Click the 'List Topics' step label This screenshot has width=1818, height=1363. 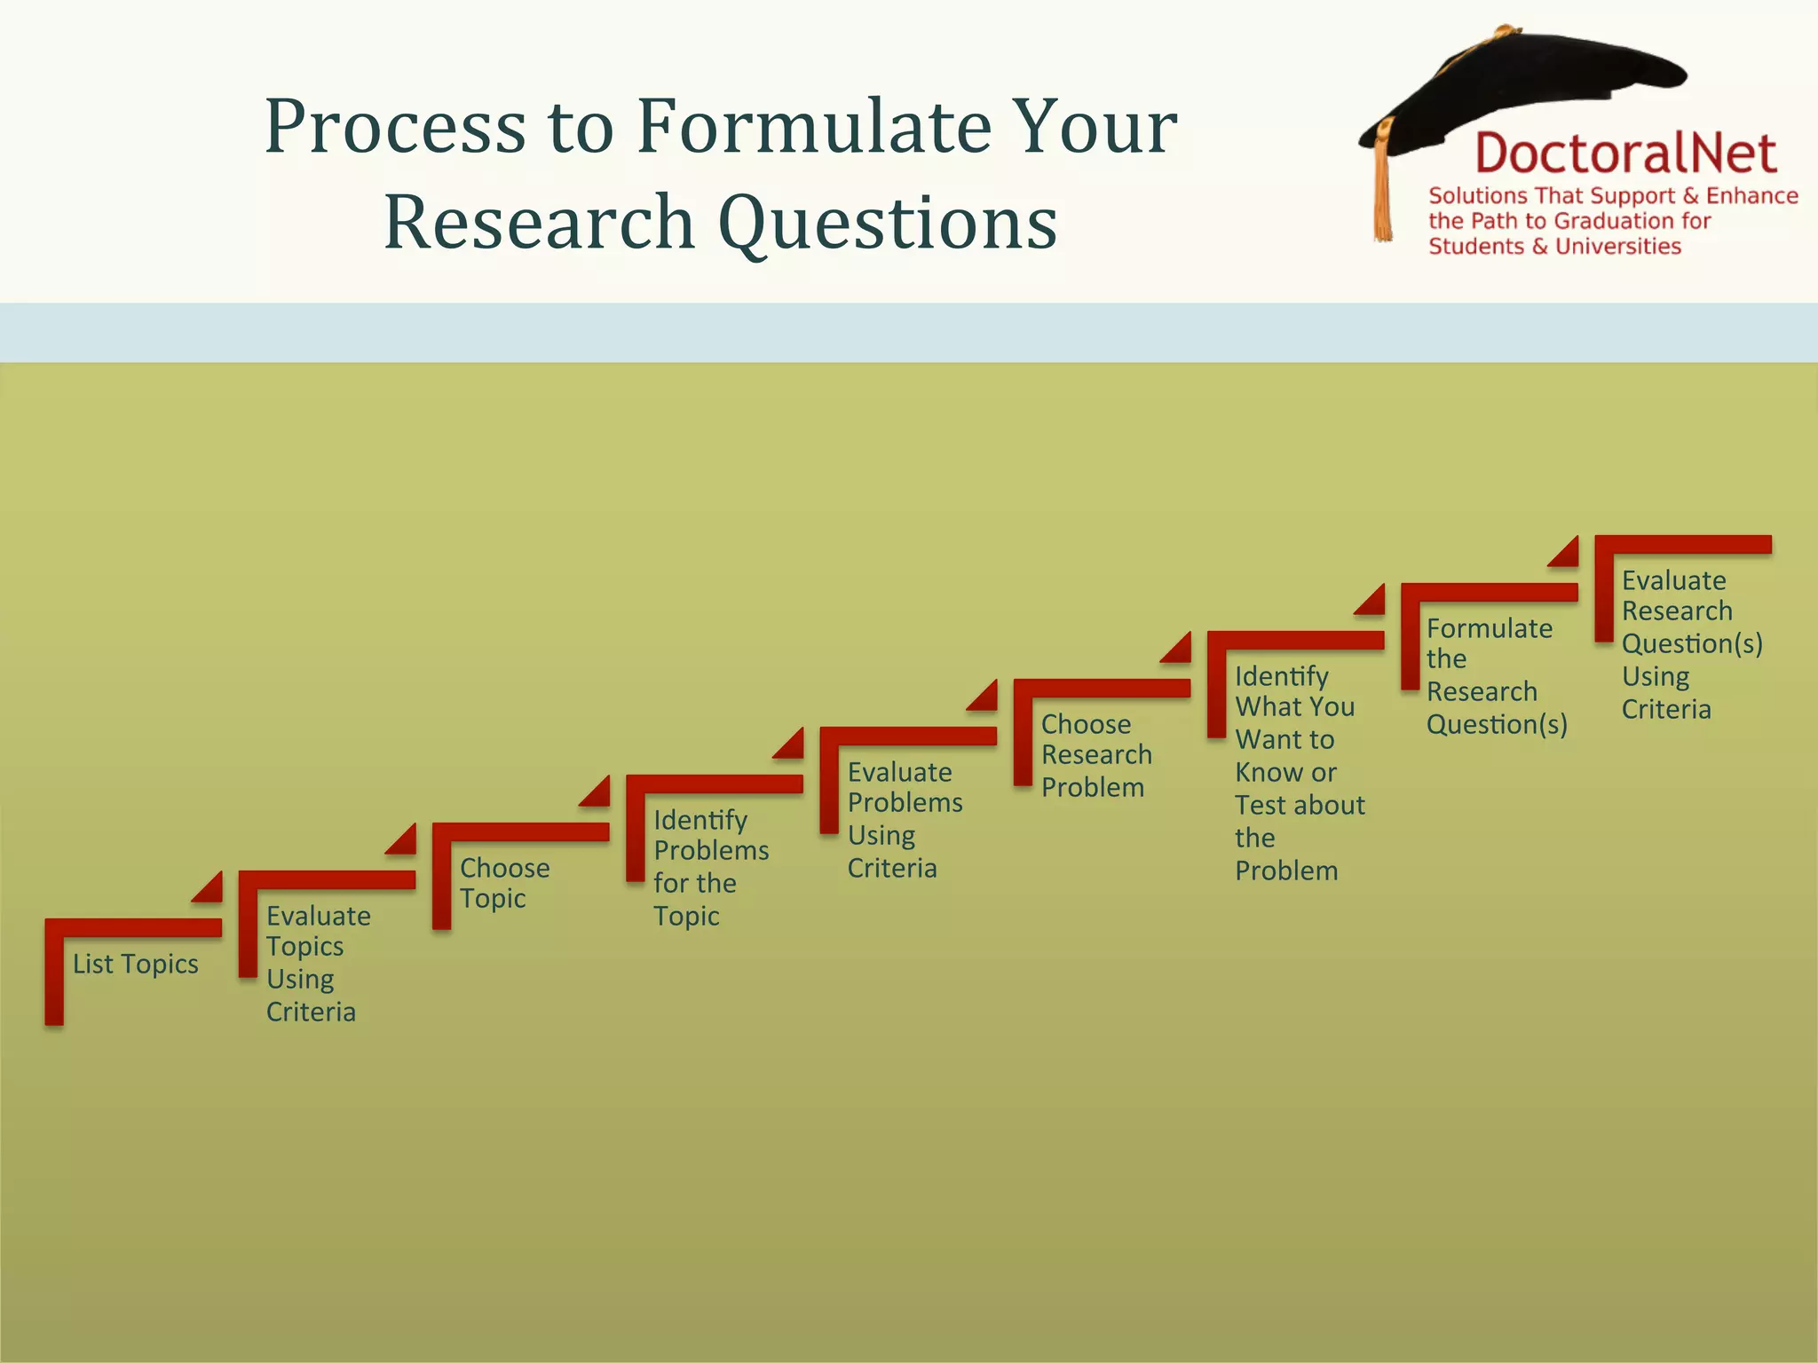click(135, 964)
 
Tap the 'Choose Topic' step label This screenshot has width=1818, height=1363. click(503, 883)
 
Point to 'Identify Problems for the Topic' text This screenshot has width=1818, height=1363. click(709, 867)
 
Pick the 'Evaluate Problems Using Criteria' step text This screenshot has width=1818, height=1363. click(903, 819)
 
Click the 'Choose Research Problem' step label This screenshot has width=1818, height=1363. click(1095, 755)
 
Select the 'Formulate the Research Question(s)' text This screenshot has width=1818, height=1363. click(1495, 676)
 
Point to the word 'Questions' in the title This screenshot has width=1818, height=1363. click(886, 222)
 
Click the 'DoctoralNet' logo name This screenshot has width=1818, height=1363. click(1624, 154)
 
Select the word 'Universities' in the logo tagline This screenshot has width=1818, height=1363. click(1617, 247)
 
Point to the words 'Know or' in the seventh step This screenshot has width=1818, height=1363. click(1284, 772)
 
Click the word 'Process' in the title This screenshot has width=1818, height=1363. click(395, 126)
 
